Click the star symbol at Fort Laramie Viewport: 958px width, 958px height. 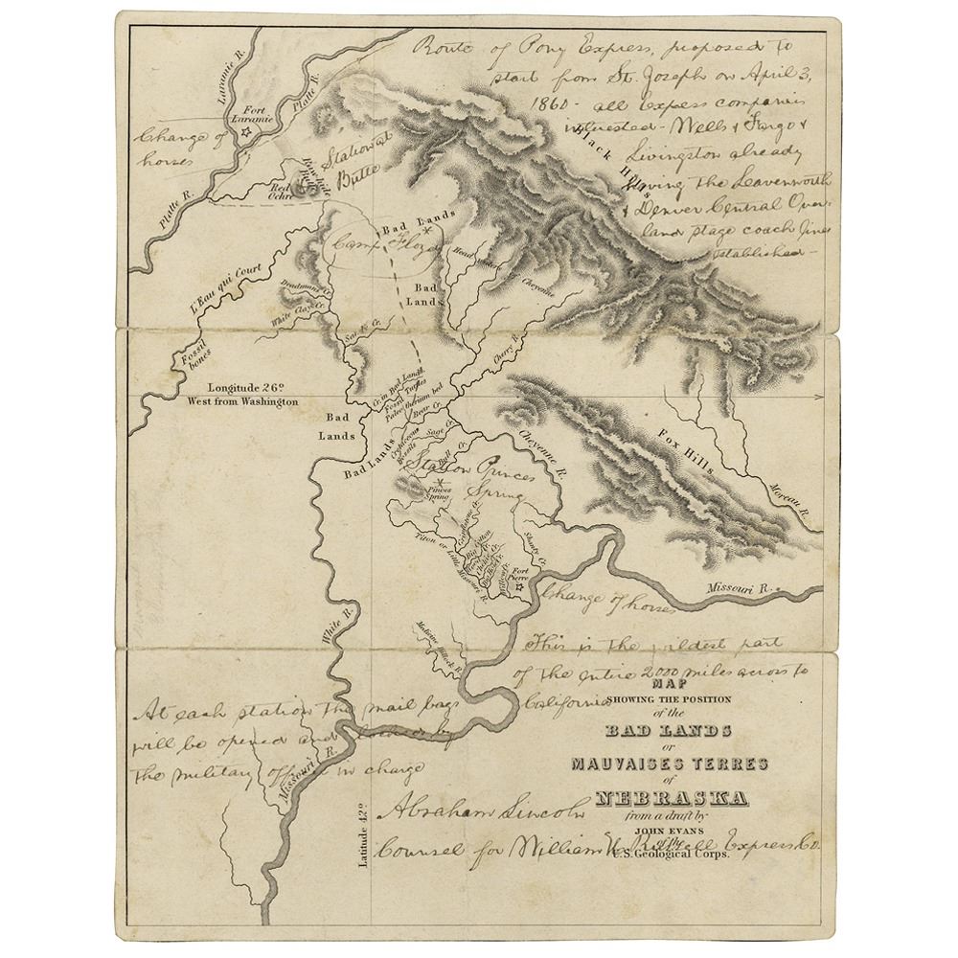click(x=245, y=133)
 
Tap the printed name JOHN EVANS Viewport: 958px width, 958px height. click(x=672, y=830)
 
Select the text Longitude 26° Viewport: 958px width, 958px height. click(x=243, y=388)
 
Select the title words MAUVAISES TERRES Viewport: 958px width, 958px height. click(x=671, y=764)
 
